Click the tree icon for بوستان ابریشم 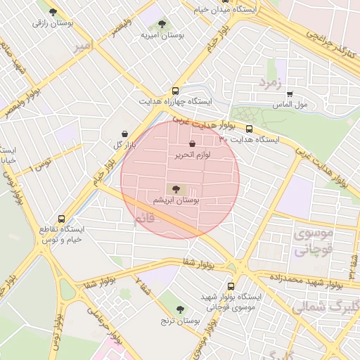175,188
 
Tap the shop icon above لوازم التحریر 192,143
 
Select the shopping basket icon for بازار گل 124,134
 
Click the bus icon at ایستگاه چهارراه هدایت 175,91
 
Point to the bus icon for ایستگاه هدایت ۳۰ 250,129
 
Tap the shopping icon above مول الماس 289,94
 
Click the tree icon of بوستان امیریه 162,24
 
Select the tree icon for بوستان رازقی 53,12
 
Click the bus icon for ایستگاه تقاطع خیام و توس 62,219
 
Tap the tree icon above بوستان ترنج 180,309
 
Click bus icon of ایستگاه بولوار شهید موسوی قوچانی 233,286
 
